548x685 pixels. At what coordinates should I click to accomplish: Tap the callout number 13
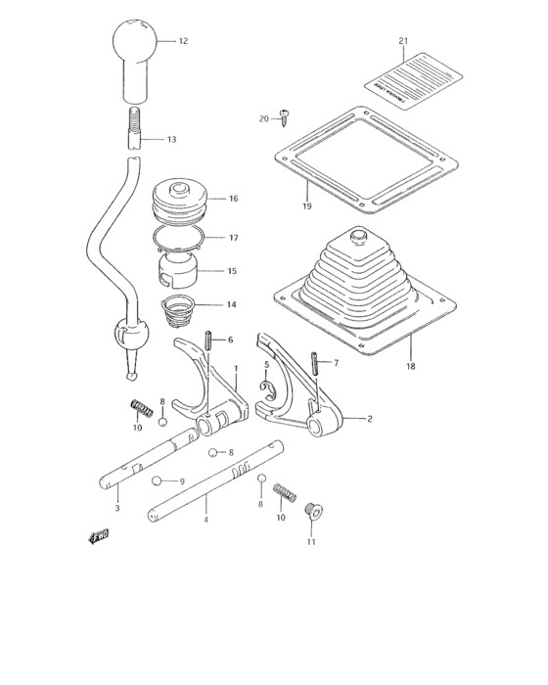point(171,140)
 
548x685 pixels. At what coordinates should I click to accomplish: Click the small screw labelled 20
point(284,117)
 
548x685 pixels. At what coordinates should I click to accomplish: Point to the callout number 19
point(305,207)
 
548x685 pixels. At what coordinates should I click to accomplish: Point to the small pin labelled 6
point(208,341)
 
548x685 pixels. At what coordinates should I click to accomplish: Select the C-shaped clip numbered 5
point(270,388)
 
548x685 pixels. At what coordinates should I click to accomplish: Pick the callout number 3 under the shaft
point(116,508)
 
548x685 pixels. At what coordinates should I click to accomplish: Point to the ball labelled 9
point(156,480)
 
